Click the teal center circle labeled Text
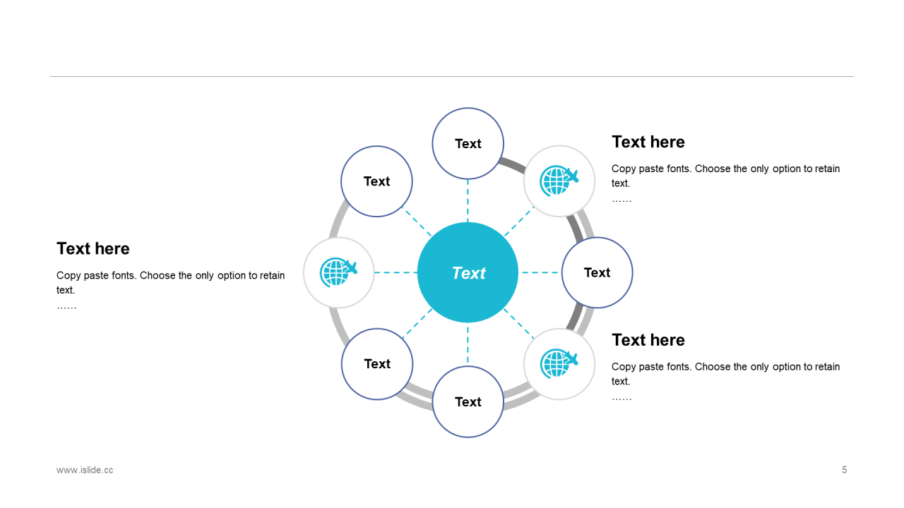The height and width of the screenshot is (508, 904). tap(468, 272)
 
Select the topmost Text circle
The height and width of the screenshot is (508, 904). tap(468, 143)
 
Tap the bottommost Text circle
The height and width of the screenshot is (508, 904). tap(468, 401)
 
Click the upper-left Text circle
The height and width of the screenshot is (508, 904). tap(376, 181)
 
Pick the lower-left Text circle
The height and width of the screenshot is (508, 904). tap(376, 364)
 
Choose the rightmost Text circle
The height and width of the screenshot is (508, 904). tap(597, 272)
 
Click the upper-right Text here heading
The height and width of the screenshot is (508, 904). tap(648, 142)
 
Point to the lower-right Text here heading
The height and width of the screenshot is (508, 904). tap(648, 340)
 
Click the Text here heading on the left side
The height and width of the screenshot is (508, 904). tap(93, 249)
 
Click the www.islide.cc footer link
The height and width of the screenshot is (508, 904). tap(85, 470)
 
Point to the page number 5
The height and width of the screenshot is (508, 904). tap(844, 470)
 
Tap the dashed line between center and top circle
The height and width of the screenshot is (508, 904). tap(468, 200)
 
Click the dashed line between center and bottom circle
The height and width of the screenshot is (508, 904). tap(468, 344)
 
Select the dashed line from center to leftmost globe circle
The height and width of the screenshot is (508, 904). tap(395, 272)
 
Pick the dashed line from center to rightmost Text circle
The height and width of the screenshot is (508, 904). tap(540, 272)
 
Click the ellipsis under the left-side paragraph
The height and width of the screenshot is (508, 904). tap(66, 307)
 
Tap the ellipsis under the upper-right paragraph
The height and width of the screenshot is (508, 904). tap(621, 200)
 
